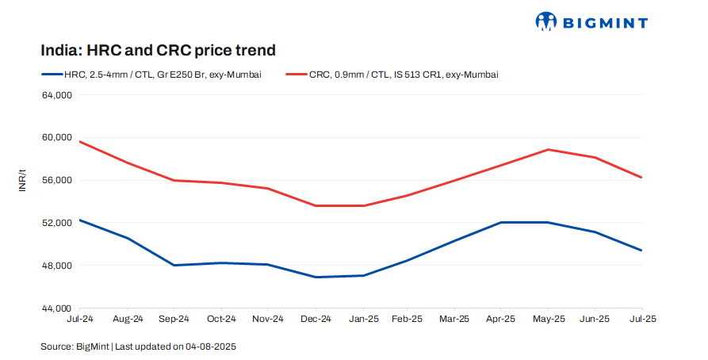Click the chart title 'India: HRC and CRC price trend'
tap(158, 51)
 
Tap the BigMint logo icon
tap(547, 21)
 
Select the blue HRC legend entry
tap(151, 75)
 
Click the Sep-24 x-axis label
tap(174, 319)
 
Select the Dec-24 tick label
tap(316, 319)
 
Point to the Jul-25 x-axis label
tap(642, 319)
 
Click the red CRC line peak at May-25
tap(548, 149)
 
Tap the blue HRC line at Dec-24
tap(316, 277)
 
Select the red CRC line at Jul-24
tap(81, 141)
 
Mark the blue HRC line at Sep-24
tap(174, 265)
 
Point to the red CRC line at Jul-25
tap(641, 177)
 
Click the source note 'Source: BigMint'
tap(75, 347)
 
